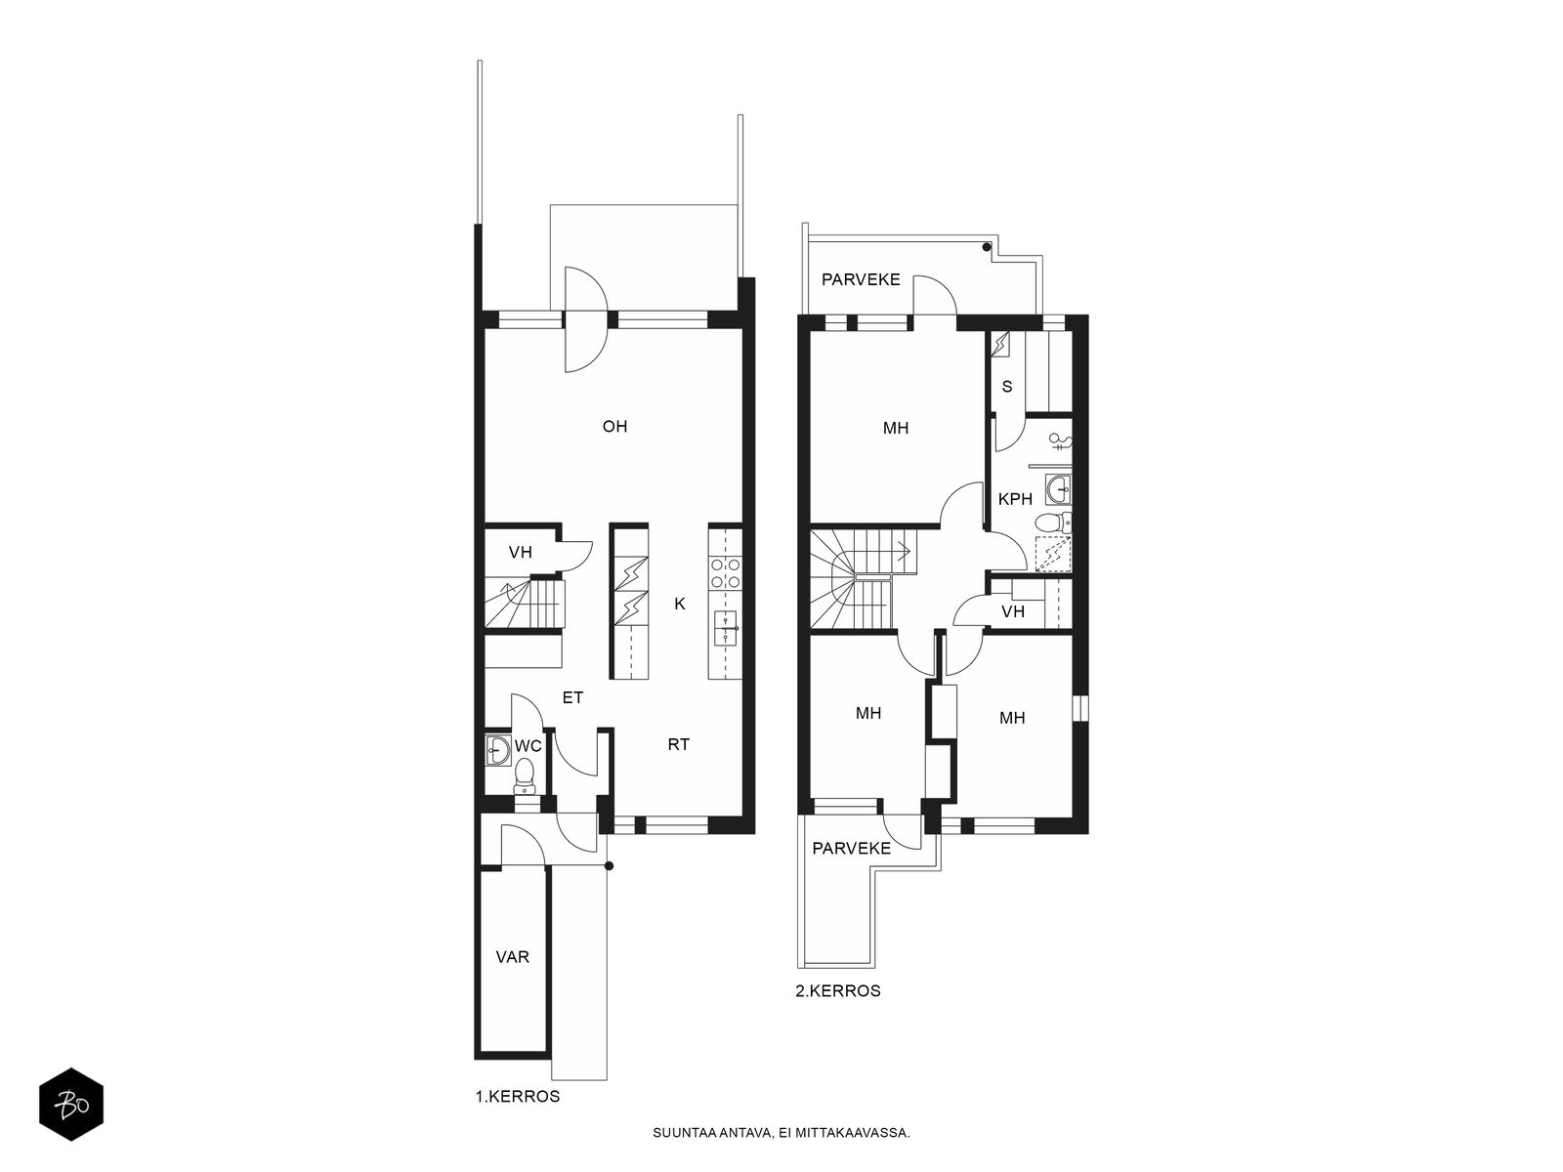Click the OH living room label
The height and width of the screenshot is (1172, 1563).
pos(614,426)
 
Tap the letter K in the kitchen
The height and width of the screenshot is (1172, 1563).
pos(679,605)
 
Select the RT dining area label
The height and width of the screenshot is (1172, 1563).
pos(678,744)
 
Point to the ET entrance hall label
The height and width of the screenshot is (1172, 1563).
pos(572,697)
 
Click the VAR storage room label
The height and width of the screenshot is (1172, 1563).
pos(512,957)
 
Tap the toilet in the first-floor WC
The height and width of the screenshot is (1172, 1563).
pos(525,776)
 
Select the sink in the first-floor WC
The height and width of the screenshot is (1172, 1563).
pos(498,749)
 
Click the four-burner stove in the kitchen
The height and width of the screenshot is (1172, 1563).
pos(725,573)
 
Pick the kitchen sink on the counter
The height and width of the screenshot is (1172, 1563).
pos(725,628)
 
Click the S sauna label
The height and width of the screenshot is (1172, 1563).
pos(1007,387)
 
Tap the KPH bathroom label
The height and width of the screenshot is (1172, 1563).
pos(1015,499)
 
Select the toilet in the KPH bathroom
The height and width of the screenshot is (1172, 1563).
pos(1052,523)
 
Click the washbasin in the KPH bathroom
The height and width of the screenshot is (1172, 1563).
pos(1058,489)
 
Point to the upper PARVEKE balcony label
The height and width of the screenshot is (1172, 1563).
pos(861,279)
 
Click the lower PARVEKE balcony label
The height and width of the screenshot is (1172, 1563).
pos(851,848)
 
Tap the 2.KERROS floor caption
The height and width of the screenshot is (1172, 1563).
pos(837,990)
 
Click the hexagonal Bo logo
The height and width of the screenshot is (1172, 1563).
pos(71,1104)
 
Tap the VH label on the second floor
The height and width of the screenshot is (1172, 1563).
pos(1012,611)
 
